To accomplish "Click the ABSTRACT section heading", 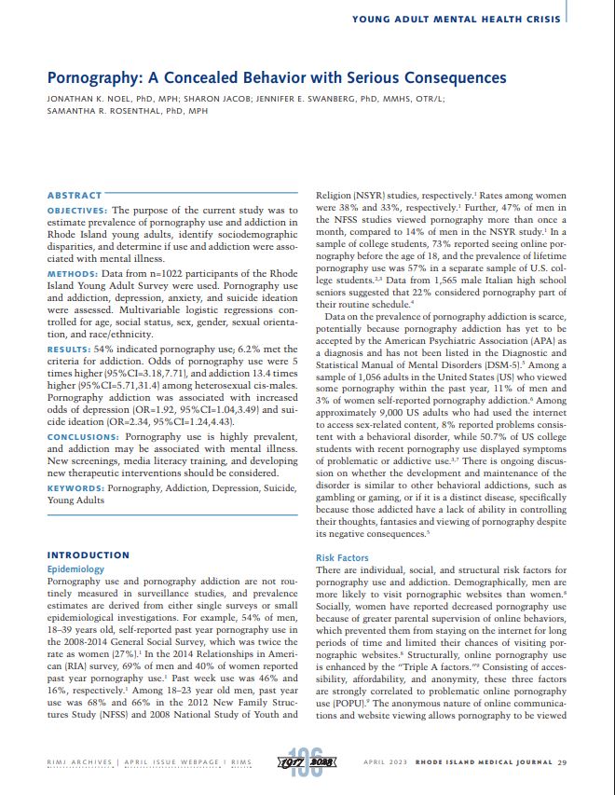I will pyautogui.click(x=74, y=195).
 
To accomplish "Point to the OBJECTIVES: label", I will pyautogui.click(x=79, y=211).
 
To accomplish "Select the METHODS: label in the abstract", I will pyautogui.click(x=74, y=274).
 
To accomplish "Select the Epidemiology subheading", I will pyautogui.click(x=75, y=569).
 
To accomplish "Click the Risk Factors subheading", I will pyautogui.click(x=342, y=557).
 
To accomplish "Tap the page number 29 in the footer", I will pyautogui.click(x=562, y=762).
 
